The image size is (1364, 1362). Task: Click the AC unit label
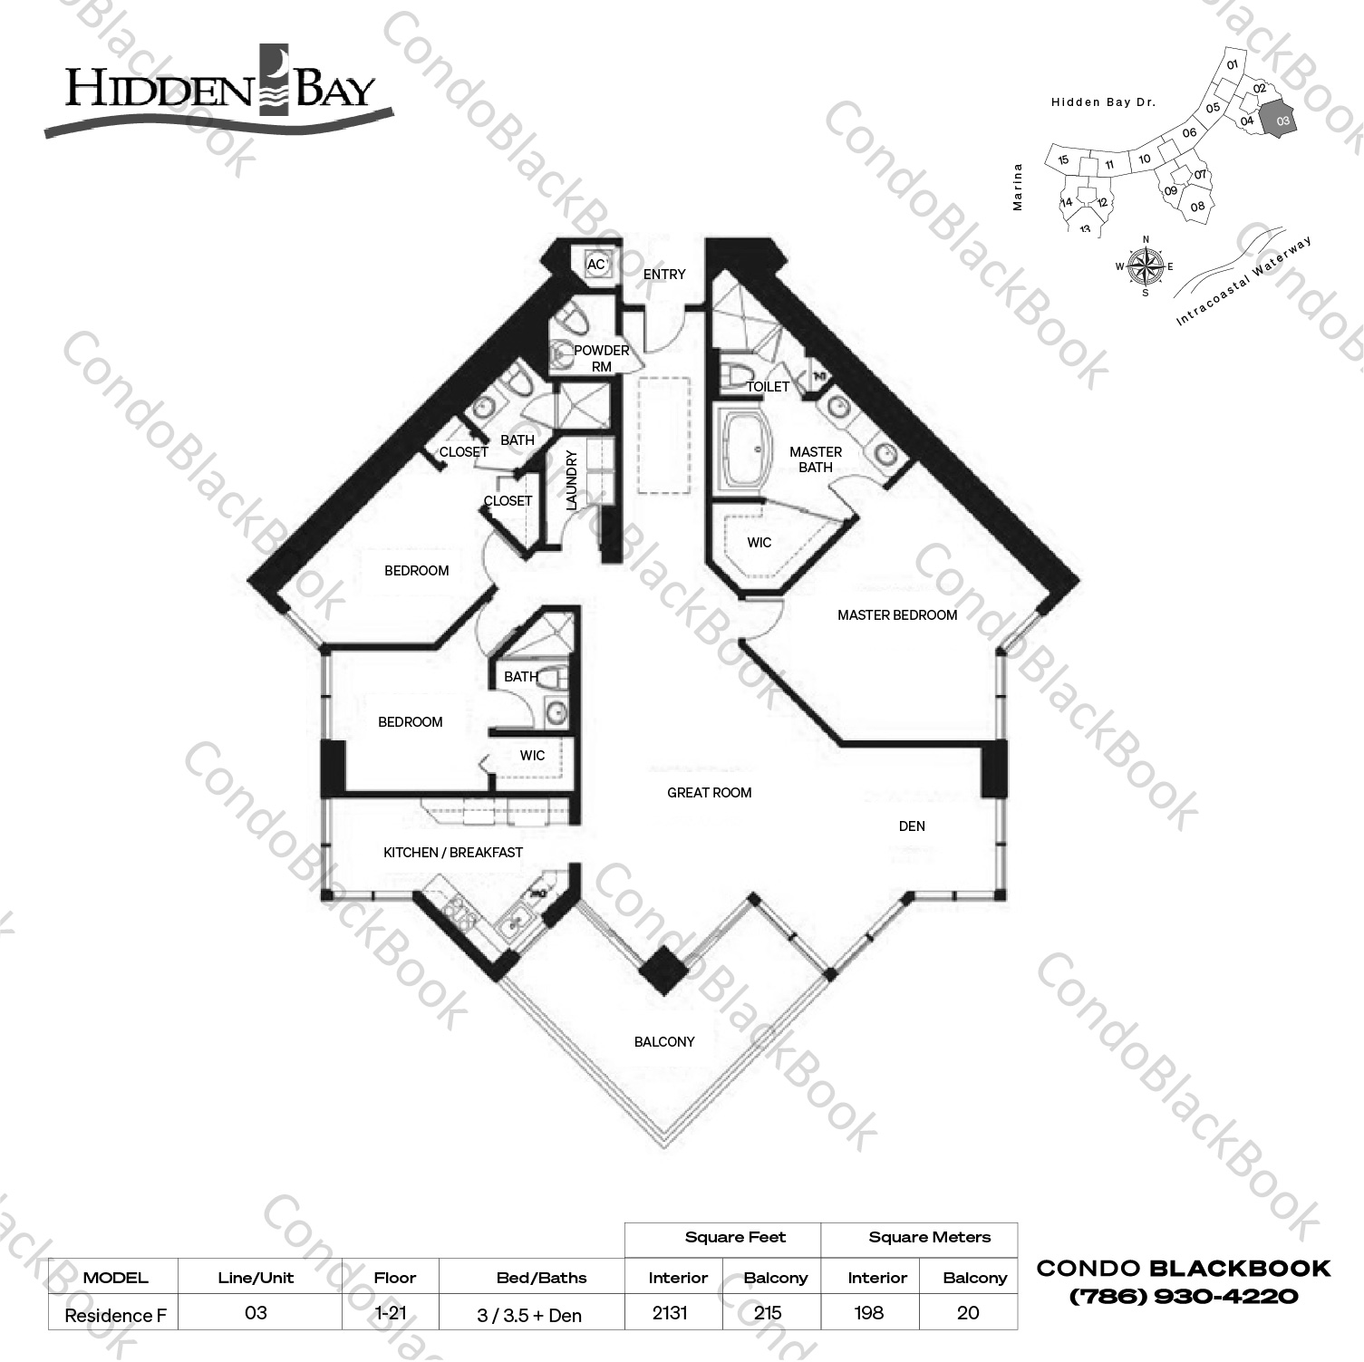595,265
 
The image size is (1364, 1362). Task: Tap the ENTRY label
664,275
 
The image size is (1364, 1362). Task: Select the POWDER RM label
601,358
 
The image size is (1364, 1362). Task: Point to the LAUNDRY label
572,480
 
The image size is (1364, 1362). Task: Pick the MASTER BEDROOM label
896,615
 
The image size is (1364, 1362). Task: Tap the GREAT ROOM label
709,793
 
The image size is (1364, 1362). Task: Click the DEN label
912,826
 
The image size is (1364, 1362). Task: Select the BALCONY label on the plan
664,1042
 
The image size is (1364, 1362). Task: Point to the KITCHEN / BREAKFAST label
452,853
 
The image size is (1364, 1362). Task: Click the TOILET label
767,387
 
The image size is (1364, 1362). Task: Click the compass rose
1146,266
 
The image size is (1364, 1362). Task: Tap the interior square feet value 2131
670,1313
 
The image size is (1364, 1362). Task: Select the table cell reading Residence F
115,1315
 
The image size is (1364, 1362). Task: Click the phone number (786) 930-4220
1183,1297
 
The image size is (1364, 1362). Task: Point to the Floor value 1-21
391,1313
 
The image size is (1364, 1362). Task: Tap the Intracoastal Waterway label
1243,281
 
